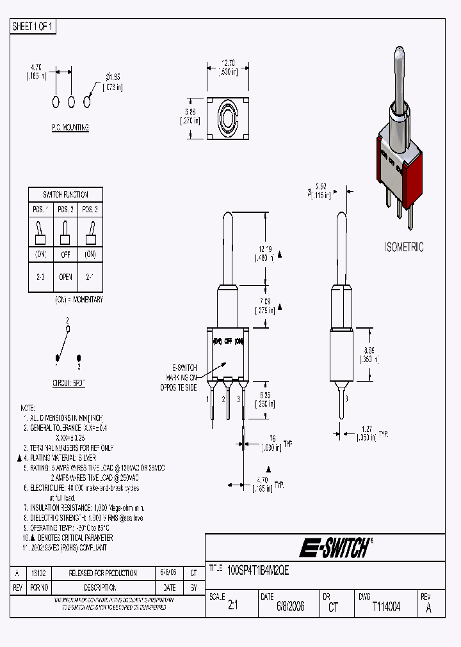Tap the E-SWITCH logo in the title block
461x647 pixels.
click(x=334, y=548)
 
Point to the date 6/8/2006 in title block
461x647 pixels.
click(x=290, y=607)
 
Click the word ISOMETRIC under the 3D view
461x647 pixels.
click(x=403, y=247)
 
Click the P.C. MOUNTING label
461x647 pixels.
click(x=70, y=128)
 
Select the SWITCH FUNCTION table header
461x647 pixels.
click(x=65, y=194)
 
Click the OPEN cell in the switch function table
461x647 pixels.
click(x=65, y=278)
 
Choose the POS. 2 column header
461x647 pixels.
click(x=65, y=209)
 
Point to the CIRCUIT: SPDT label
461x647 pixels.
click(x=69, y=383)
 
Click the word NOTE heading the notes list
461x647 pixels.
click(x=28, y=407)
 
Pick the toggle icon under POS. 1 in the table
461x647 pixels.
click(x=40, y=233)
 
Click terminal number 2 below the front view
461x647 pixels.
click(x=224, y=399)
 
